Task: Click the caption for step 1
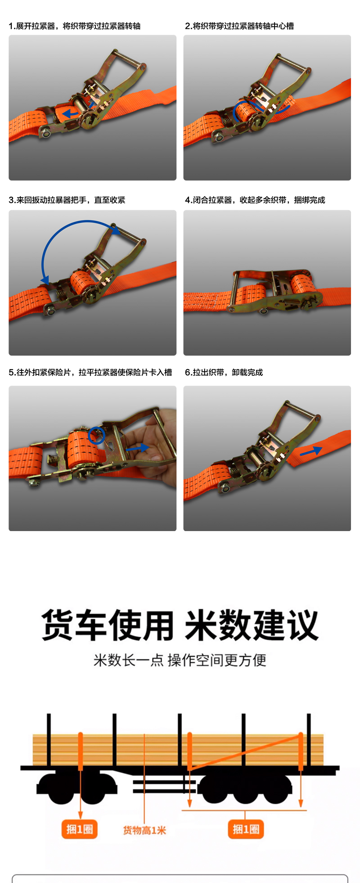click(75, 26)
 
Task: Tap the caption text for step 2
click(239, 26)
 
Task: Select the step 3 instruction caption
click(67, 200)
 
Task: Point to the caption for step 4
click(255, 200)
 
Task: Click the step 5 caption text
click(90, 372)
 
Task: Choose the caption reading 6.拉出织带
click(224, 372)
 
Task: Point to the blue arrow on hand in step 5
click(137, 448)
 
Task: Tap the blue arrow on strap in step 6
click(311, 451)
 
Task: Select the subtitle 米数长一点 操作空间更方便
click(180, 660)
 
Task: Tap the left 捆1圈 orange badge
click(80, 829)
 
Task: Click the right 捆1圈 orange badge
click(246, 829)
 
